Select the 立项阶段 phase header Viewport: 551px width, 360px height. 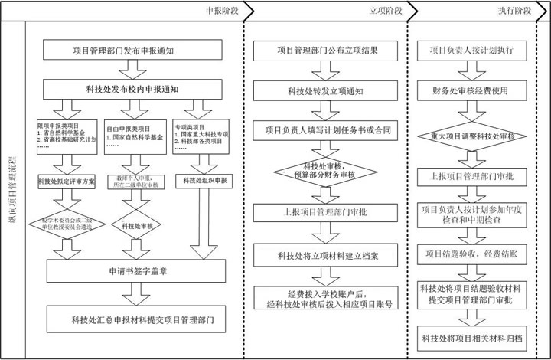(x=385, y=11)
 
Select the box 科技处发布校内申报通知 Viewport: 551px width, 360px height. (x=132, y=90)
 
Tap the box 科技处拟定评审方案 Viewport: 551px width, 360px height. (x=67, y=181)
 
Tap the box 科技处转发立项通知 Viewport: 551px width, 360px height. (x=327, y=91)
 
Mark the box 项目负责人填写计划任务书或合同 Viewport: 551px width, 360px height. (x=327, y=130)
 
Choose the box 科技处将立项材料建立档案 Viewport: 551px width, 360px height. (x=327, y=255)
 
